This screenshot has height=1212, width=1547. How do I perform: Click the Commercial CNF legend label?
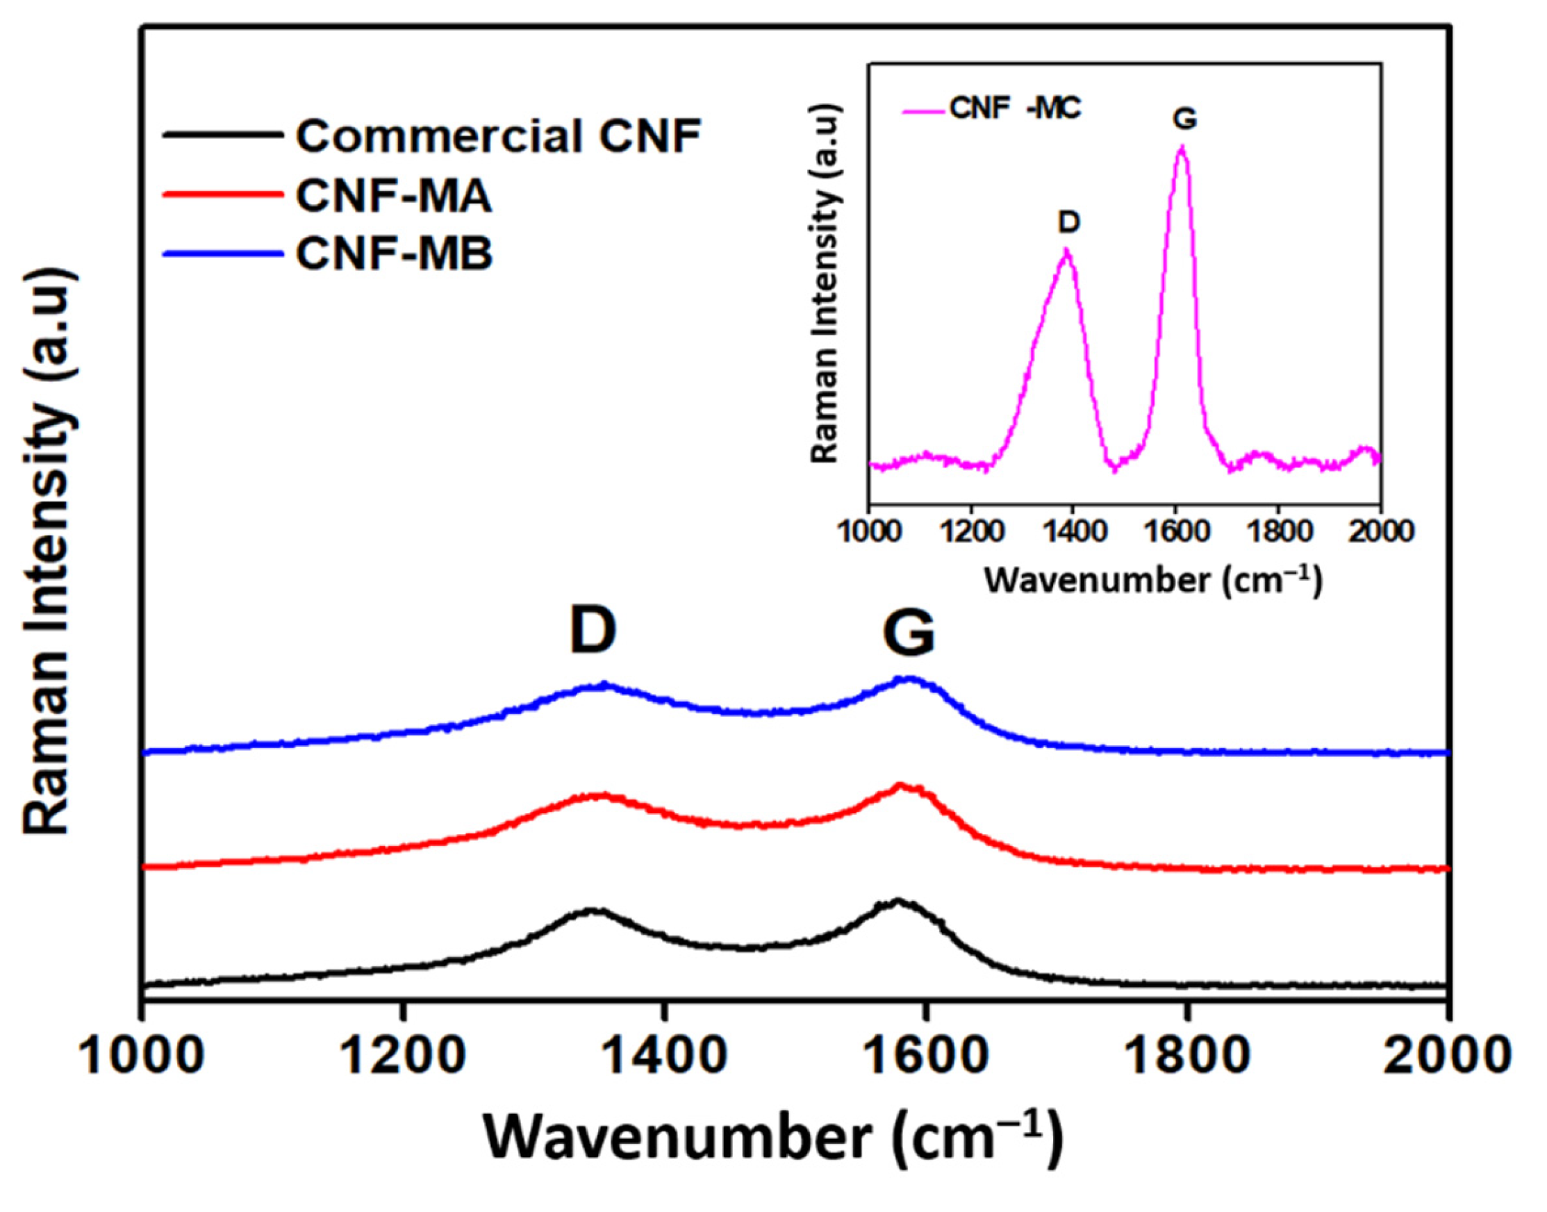[498, 136]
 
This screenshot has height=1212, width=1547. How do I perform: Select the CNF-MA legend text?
[394, 197]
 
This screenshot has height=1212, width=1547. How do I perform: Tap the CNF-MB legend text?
[395, 255]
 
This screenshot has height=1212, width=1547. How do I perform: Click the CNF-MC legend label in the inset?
[1016, 110]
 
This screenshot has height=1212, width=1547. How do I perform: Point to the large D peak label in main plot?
[593, 631]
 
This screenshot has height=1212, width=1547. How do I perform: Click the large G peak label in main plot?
[909, 633]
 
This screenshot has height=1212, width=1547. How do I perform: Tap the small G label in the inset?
[1184, 119]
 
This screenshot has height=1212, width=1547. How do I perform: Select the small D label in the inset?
[1068, 223]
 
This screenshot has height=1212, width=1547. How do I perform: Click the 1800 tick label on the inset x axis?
[1278, 531]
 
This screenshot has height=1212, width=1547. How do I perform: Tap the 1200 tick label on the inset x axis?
[972, 531]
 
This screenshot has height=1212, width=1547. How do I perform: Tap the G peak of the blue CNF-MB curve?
[910, 680]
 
